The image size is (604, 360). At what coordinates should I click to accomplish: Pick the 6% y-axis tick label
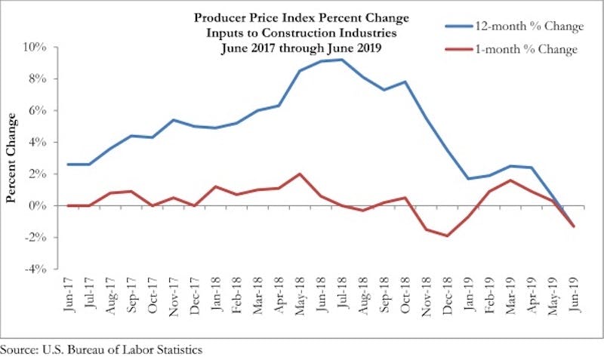[39, 110]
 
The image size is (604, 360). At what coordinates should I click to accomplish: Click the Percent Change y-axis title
[12, 157]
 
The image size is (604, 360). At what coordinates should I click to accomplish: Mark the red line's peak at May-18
[300, 174]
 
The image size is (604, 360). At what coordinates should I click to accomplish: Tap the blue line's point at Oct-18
[405, 82]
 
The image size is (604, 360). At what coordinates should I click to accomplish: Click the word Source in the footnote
[17, 350]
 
